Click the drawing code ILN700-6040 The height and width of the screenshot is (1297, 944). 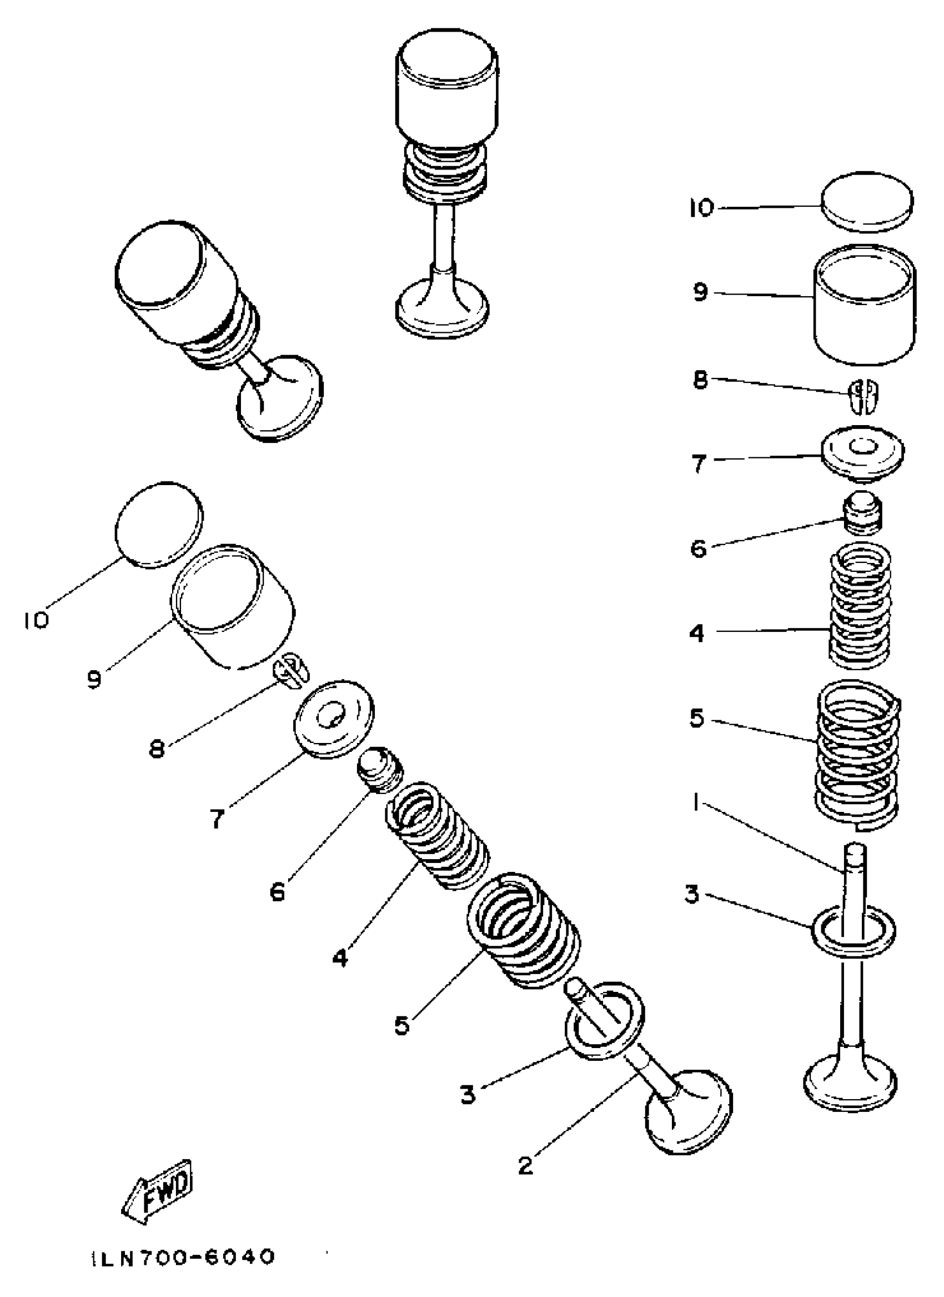pos(182,1256)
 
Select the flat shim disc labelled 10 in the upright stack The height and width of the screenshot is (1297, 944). pos(867,202)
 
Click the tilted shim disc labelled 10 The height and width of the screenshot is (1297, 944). pos(159,525)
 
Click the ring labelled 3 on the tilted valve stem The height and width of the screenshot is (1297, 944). pos(605,1021)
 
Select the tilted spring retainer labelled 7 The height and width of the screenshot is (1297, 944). pos(334,719)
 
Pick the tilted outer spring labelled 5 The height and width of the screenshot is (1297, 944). pos(523,930)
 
